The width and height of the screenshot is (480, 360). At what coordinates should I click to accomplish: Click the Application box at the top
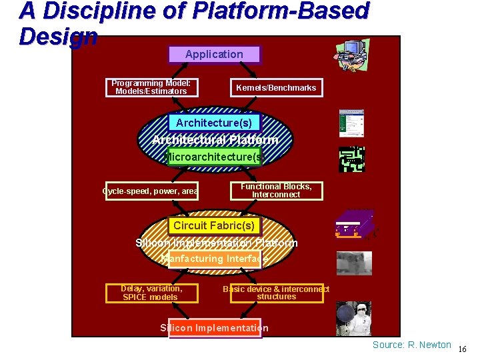214,55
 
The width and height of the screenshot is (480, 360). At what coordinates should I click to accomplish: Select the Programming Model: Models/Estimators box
151,87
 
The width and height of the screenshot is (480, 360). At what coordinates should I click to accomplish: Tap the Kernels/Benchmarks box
276,88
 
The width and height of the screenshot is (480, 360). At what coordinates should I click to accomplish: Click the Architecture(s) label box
214,123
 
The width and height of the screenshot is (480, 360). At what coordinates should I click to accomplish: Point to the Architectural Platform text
215,140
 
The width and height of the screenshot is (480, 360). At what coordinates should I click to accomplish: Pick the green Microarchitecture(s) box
214,157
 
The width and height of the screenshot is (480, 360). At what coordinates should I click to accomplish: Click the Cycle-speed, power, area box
151,191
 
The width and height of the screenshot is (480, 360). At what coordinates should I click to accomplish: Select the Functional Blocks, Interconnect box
276,191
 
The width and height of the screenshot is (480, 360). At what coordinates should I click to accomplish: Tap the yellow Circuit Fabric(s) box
214,226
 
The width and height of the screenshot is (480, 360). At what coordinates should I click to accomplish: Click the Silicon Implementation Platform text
216,243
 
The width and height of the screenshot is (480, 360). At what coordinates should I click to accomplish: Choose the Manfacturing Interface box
214,259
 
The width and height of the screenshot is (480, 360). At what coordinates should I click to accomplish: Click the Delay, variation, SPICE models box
151,293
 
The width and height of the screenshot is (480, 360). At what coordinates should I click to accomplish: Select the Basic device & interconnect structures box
276,293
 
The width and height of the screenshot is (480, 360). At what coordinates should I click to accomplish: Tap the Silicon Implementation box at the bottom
215,328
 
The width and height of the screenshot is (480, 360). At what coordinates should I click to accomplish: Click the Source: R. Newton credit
411,345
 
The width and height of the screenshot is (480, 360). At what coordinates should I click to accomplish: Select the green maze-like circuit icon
352,159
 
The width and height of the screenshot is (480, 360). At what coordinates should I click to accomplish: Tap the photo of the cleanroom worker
353,319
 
